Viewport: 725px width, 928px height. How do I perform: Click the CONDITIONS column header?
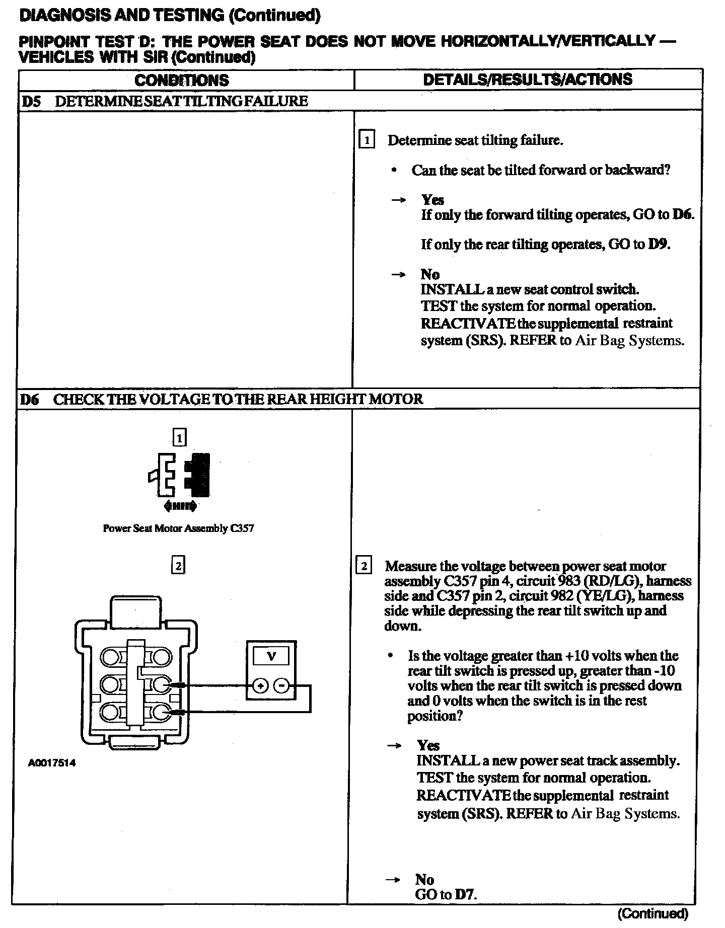pyautogui.click(x=182, y=80)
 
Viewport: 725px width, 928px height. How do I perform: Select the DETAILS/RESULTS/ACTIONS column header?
pyautogui.click(x=527, y=80)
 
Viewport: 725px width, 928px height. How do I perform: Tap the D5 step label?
pyautogui.click(x=31, y=101)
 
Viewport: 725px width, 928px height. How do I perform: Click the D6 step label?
pyautogui.click(x=31, y=400)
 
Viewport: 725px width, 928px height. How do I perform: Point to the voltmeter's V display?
pyautogui.click(x=271, y=656)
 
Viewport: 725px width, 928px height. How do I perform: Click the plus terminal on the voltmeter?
pyautogui.click(x=260, y=686)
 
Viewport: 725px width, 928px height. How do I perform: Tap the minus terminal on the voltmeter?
pyautogui.click(x=282, y=686)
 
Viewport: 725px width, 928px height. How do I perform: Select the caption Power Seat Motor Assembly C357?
pyautogui.click(x=178, y=528)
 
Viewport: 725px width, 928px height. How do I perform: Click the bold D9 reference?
pyautogui.click(x=659, y=245)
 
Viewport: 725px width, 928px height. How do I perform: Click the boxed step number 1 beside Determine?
pyautogui.click(x=367, y=140)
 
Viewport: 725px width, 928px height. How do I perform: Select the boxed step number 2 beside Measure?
pyautogui.click(x=364, y=566)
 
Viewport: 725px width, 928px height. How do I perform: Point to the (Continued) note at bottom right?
pyautogui.click(x=652, y=913)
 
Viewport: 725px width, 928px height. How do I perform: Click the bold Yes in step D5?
pyautogui.click(x=432, y=200)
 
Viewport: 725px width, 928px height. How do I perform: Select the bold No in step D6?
pyautogui.click(x=424, y=879)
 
